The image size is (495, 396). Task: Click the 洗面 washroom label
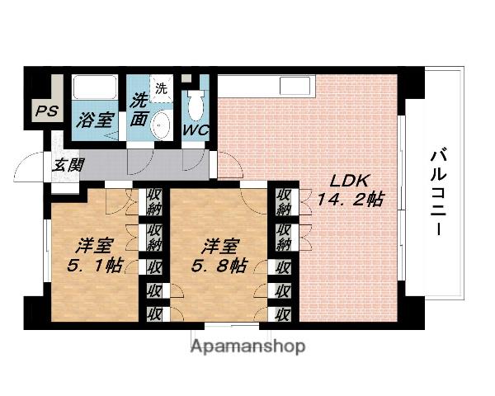pos(139,112)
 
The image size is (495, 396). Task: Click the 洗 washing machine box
pos(161,87)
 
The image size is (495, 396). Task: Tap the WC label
pos(196,131)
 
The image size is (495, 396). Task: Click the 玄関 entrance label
pos(68,164)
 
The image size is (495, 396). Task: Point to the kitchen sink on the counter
pos(293,85)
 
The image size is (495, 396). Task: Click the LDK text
pos(346,181)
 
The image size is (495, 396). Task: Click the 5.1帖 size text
pos(94,266)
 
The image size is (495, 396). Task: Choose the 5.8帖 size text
pos(219,266)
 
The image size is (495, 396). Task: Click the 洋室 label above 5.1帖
pos(94,245)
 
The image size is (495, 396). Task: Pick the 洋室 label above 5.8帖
pos(220,245)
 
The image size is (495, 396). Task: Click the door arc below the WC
pos(195,160)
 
